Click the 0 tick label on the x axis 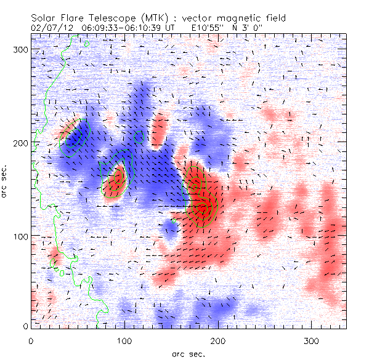tap(31, 340)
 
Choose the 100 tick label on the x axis tap(124, 340)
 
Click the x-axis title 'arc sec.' tap(188, 354)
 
